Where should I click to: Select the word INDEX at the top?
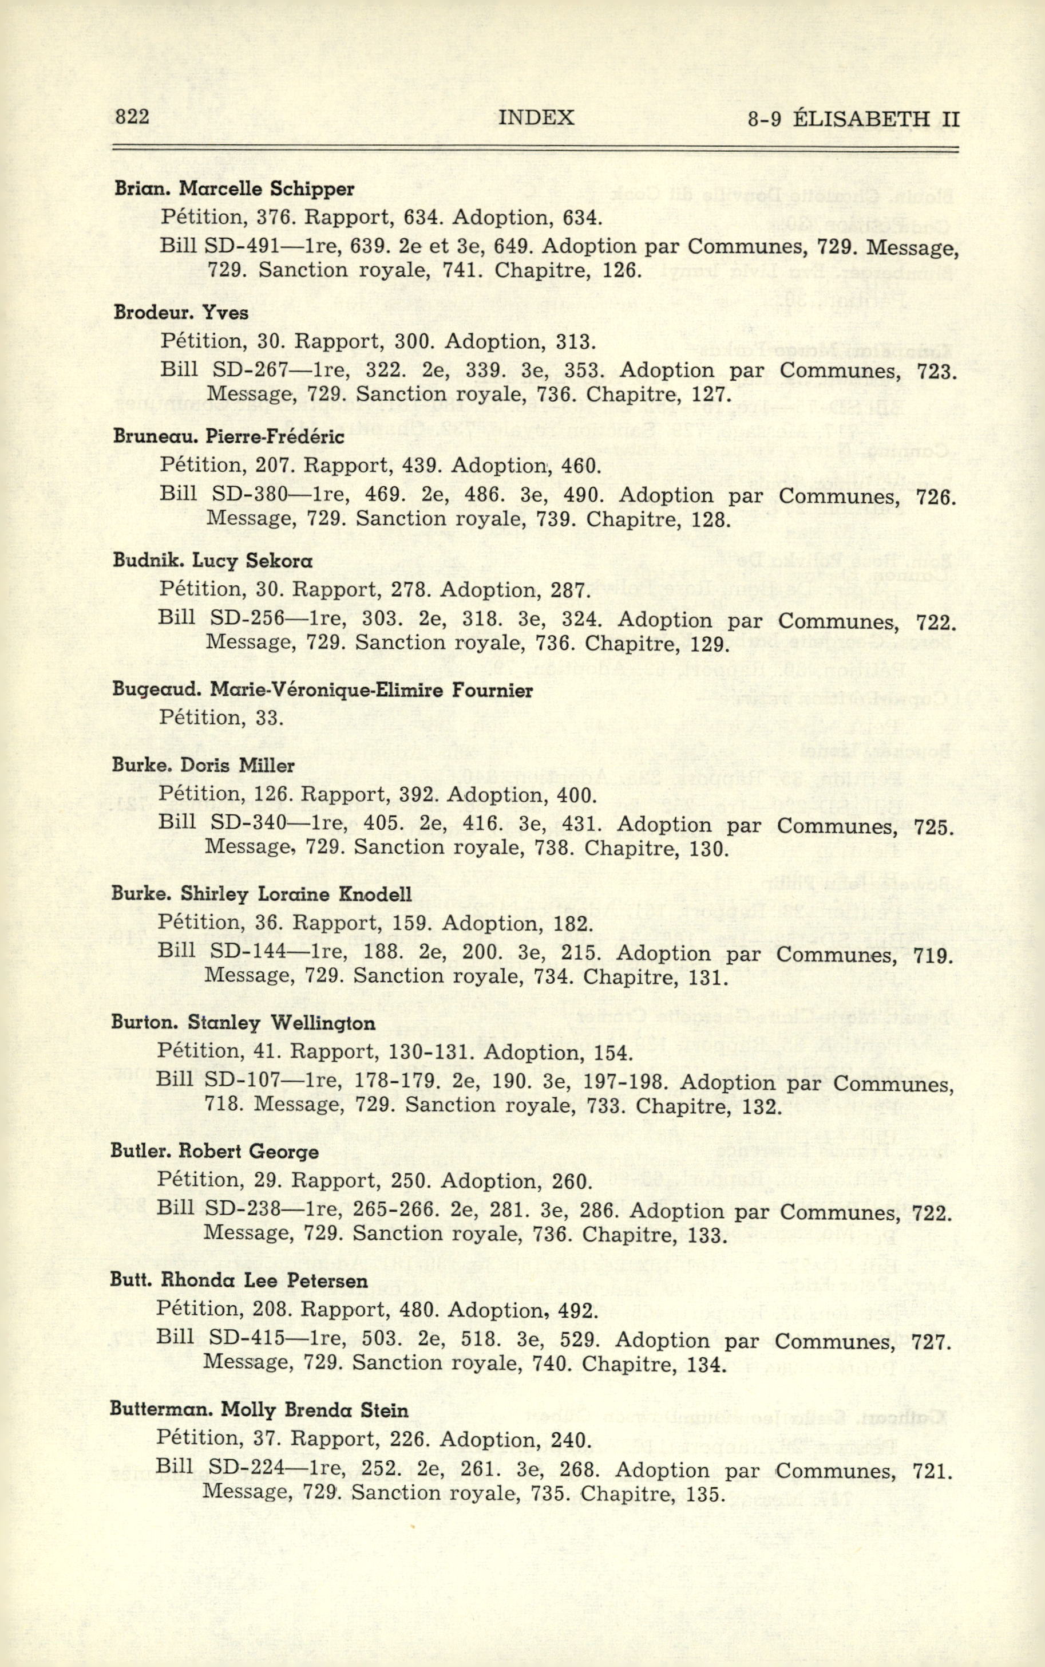pos(536,117)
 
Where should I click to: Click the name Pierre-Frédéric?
pos(276,437)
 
